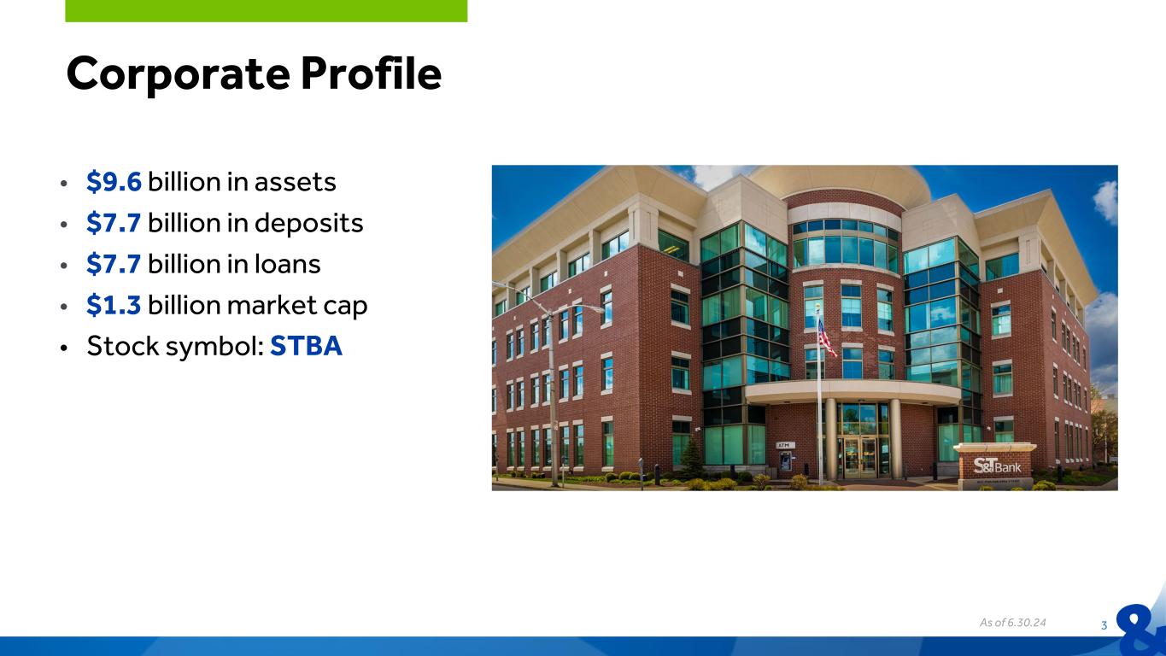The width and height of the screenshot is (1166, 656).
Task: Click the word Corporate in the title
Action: pos(178,74)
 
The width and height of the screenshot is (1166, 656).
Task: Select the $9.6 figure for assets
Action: pos(114,182)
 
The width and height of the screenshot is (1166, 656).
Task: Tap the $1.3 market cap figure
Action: pos(114,305)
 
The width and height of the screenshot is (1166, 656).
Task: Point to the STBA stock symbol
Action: pos(306,346)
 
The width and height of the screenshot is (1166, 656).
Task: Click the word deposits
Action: pos(308,224)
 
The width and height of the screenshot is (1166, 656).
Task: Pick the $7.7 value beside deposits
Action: pos(114,223)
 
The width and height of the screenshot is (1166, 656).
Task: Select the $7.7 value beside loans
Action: pos(114,264)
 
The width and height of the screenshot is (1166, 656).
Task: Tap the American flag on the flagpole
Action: pos(826,338)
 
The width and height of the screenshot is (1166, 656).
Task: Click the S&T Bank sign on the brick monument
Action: pos(997,466)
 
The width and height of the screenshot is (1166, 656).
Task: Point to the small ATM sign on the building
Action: pos(785,445)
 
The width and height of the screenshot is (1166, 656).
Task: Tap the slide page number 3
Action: pos(1104,625)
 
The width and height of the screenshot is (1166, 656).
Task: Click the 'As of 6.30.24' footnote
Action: pos(1012,622)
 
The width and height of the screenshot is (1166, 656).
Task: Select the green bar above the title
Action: pos(266,11)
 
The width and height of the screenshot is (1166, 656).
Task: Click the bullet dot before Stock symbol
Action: pos(63,348)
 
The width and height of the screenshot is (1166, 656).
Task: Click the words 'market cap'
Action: pos(296,306)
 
